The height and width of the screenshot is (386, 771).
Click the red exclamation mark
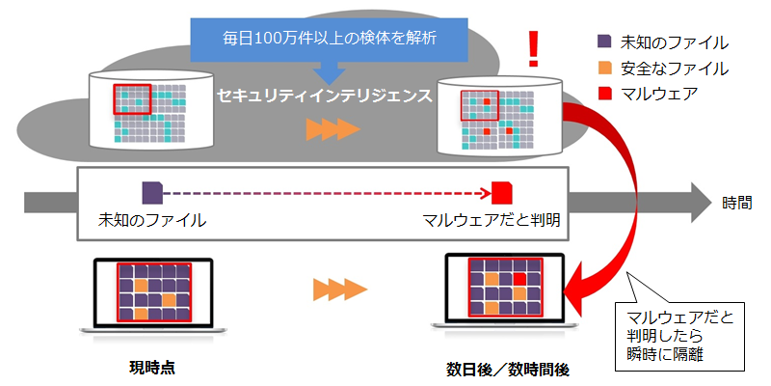click(533, 48)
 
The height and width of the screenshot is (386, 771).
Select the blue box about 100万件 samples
click(329, 40)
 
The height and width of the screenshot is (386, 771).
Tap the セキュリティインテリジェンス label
click(325, 96)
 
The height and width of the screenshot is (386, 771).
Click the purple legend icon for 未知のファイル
click(605, 41)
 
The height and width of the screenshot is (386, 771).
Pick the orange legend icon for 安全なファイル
click(605, 68)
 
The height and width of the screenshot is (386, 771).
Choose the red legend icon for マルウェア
click(605, 93)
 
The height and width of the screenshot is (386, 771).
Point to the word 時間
click(736, 203)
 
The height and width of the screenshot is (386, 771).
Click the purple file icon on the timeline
click(152, 193)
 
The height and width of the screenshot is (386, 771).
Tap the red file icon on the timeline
click(502, 193)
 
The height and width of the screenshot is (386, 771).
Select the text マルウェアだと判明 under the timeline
click(492, 220)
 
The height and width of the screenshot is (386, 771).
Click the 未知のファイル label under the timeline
click(152, 220)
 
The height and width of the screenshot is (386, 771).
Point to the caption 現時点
click(152, 367)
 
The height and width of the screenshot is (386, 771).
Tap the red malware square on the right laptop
click(519, 280)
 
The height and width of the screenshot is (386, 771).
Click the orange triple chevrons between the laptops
click(340, 289)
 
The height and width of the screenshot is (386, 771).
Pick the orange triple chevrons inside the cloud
click(332, 130)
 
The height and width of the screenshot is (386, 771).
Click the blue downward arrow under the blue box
click(329, 73)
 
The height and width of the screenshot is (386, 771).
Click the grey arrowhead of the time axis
click(702, 203)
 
